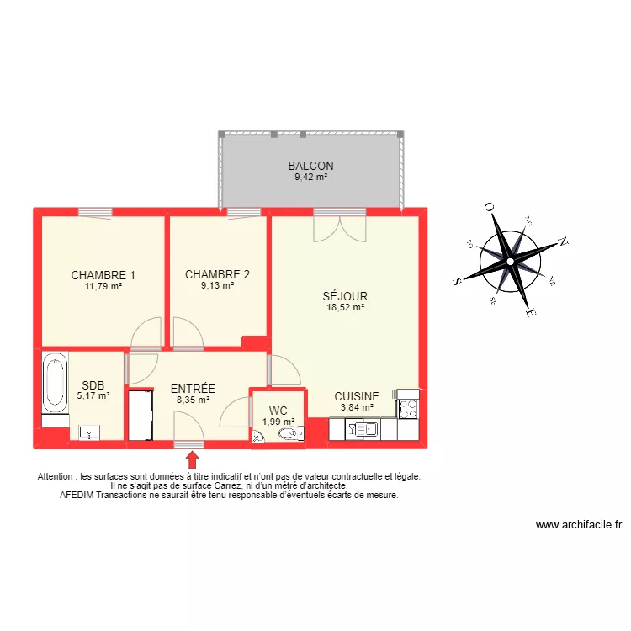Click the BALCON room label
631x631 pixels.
310,166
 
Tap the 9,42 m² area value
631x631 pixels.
310,178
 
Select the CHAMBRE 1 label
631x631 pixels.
103,275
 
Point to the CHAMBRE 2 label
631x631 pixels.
217,274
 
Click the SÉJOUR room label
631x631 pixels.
345,296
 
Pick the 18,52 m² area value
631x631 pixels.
345,308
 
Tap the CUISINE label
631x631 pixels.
357,396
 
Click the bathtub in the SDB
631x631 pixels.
56,384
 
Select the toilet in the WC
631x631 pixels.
288,434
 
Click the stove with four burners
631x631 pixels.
407,409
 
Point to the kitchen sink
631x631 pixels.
365,429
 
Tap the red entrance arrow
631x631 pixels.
192,459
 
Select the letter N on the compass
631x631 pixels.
563,241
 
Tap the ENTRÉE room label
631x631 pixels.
193,389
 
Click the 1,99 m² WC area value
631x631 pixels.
278,422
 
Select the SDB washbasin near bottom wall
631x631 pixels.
90,433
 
